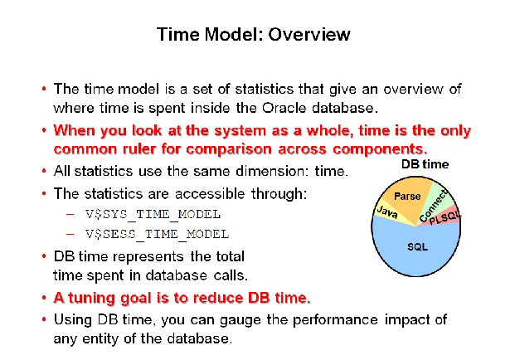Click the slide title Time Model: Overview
(x=253, y=35)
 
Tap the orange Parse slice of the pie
(x=407, y=197)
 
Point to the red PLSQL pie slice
(x=449, y=221)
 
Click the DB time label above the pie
(x=425, y=164)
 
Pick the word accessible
(x=188, y=194)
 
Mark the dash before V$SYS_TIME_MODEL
(x=70, y=215)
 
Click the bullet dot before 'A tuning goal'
(x=43, y=297)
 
